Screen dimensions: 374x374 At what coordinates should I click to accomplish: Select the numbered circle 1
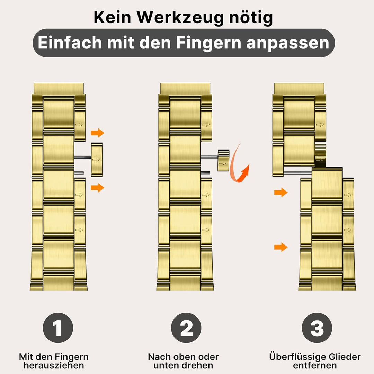(x=58, y=328)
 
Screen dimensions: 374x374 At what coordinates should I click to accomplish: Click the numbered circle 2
(x=186, y=328)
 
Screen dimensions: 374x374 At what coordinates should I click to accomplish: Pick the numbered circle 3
(x=317, y=328)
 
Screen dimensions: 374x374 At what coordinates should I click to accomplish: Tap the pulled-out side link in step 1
(x=97, y=160)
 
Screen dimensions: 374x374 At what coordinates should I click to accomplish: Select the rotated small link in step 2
(x=223, y=161)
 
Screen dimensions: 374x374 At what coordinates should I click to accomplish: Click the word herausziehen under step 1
(x=54, y=366)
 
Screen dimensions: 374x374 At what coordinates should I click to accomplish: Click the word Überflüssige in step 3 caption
(x=297, y=357)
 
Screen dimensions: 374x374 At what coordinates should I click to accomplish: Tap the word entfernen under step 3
(x=315, y=365)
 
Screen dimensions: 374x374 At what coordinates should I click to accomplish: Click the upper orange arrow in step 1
(x=98, y=133)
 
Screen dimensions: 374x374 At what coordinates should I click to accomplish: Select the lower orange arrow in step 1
(x=98, y=187)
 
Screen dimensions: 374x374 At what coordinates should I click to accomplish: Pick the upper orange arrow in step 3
(x=281, y=192)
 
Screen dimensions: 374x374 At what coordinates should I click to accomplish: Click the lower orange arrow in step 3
(x=281, y=247)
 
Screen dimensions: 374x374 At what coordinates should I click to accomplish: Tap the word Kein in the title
(x=112, y=17)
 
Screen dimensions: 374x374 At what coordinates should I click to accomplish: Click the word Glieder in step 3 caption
(x=345, y=357)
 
